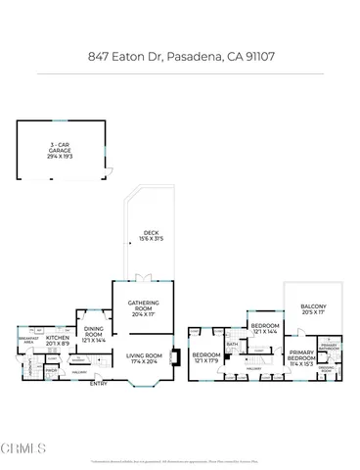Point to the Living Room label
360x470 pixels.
(143, 357)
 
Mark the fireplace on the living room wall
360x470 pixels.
(174, 357)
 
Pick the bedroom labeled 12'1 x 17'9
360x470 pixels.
(206, 357)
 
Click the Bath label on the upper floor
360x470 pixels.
(233, 345)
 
